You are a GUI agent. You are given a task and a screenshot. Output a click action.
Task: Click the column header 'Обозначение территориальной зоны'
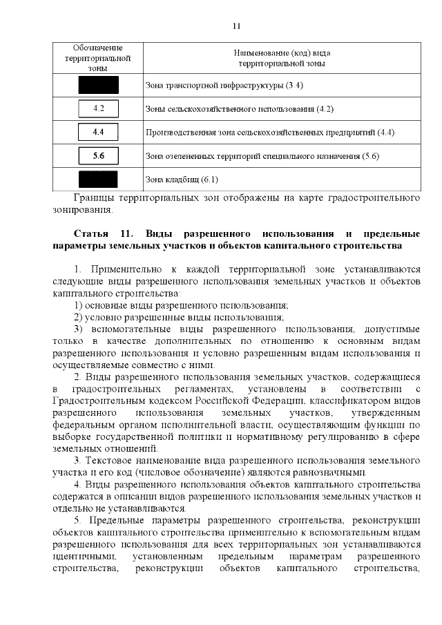[x=97, y=58]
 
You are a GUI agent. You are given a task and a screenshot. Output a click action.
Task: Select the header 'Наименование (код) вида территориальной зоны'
[x=282, y=58]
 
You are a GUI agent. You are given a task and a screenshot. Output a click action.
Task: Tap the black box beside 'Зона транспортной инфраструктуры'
[x=98, y=85]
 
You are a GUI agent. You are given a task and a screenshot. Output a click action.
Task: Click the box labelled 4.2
[x=98, y=108]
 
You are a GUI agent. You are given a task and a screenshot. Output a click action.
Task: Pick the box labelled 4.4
[x=98, y=131]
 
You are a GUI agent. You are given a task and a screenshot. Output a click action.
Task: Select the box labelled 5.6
[x=98, y=155]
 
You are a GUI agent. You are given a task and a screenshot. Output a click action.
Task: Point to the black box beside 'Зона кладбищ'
[x=98, y=180]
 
